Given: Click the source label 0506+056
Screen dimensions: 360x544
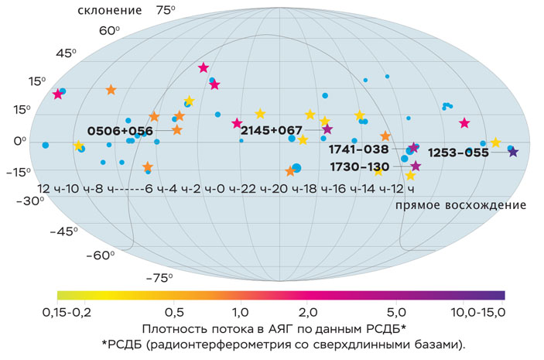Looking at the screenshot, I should click(x=120, y=131).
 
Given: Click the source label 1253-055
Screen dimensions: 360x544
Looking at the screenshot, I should click(x=459, y=153).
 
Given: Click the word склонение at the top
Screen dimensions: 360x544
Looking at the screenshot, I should click(x=109, y=11).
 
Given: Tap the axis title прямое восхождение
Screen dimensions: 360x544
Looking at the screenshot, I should click(x=460, y=205).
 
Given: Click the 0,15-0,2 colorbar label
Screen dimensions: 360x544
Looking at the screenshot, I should click(x=76, y=311).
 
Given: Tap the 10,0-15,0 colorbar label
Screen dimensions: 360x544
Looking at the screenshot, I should click(x=481, y=311).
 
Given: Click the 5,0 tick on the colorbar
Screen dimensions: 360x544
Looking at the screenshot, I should click(x=400, y=311).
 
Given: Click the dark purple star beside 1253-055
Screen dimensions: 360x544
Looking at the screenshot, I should click(x=512, y=152).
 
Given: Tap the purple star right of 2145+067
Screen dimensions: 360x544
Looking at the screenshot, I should click(x=327, y=129).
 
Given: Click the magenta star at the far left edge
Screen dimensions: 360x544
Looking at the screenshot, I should click(x=57, y=94).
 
